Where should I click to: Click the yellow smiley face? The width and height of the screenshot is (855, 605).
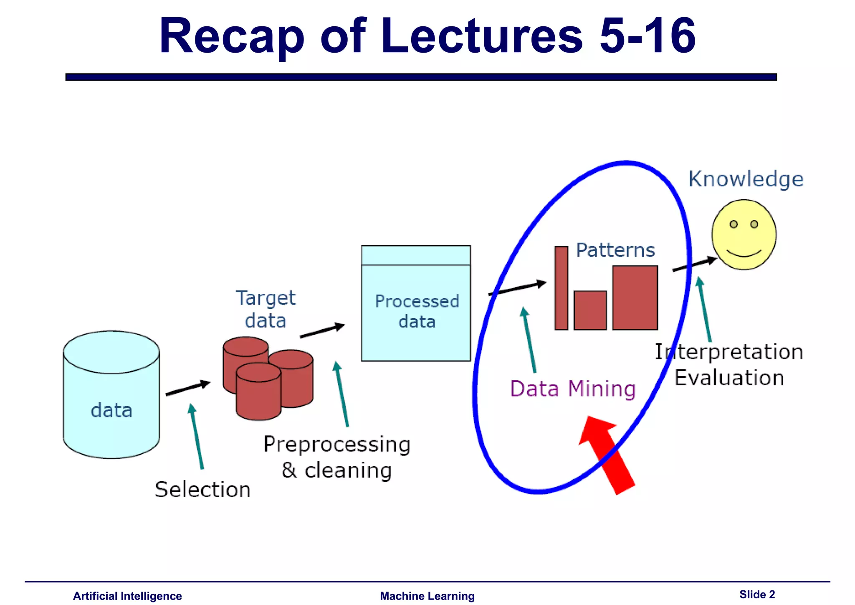click(x=744, y=235)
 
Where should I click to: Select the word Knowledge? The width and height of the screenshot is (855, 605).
click(x=746, y=179)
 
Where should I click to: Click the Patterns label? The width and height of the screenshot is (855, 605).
click(x=615, y=250)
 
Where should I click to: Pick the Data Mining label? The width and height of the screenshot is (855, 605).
click(x=572, y=389)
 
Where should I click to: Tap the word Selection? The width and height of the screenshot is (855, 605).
click(x=202, y=489)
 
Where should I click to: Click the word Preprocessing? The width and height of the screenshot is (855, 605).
click(x=336, y=444)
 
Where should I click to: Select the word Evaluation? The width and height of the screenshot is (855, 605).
click(x=729, y=378)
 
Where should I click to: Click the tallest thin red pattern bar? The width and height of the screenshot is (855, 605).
click(x=561, y=288)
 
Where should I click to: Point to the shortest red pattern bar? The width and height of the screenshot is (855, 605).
click(x=590, y=310)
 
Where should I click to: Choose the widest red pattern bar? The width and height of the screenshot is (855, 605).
click(x=635, y=297)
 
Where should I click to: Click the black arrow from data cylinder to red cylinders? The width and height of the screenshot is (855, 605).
click(x=187, y=388)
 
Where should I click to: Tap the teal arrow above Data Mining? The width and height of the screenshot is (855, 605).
click(x=529, y=339)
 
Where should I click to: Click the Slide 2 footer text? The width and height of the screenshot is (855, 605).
click(x=756, y=594)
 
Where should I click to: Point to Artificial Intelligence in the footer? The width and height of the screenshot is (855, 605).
click(x=127, y=596)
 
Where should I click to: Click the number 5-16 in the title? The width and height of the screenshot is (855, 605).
click(x=647, y=36)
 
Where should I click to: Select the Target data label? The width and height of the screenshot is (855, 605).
click(x=266, y=309)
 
